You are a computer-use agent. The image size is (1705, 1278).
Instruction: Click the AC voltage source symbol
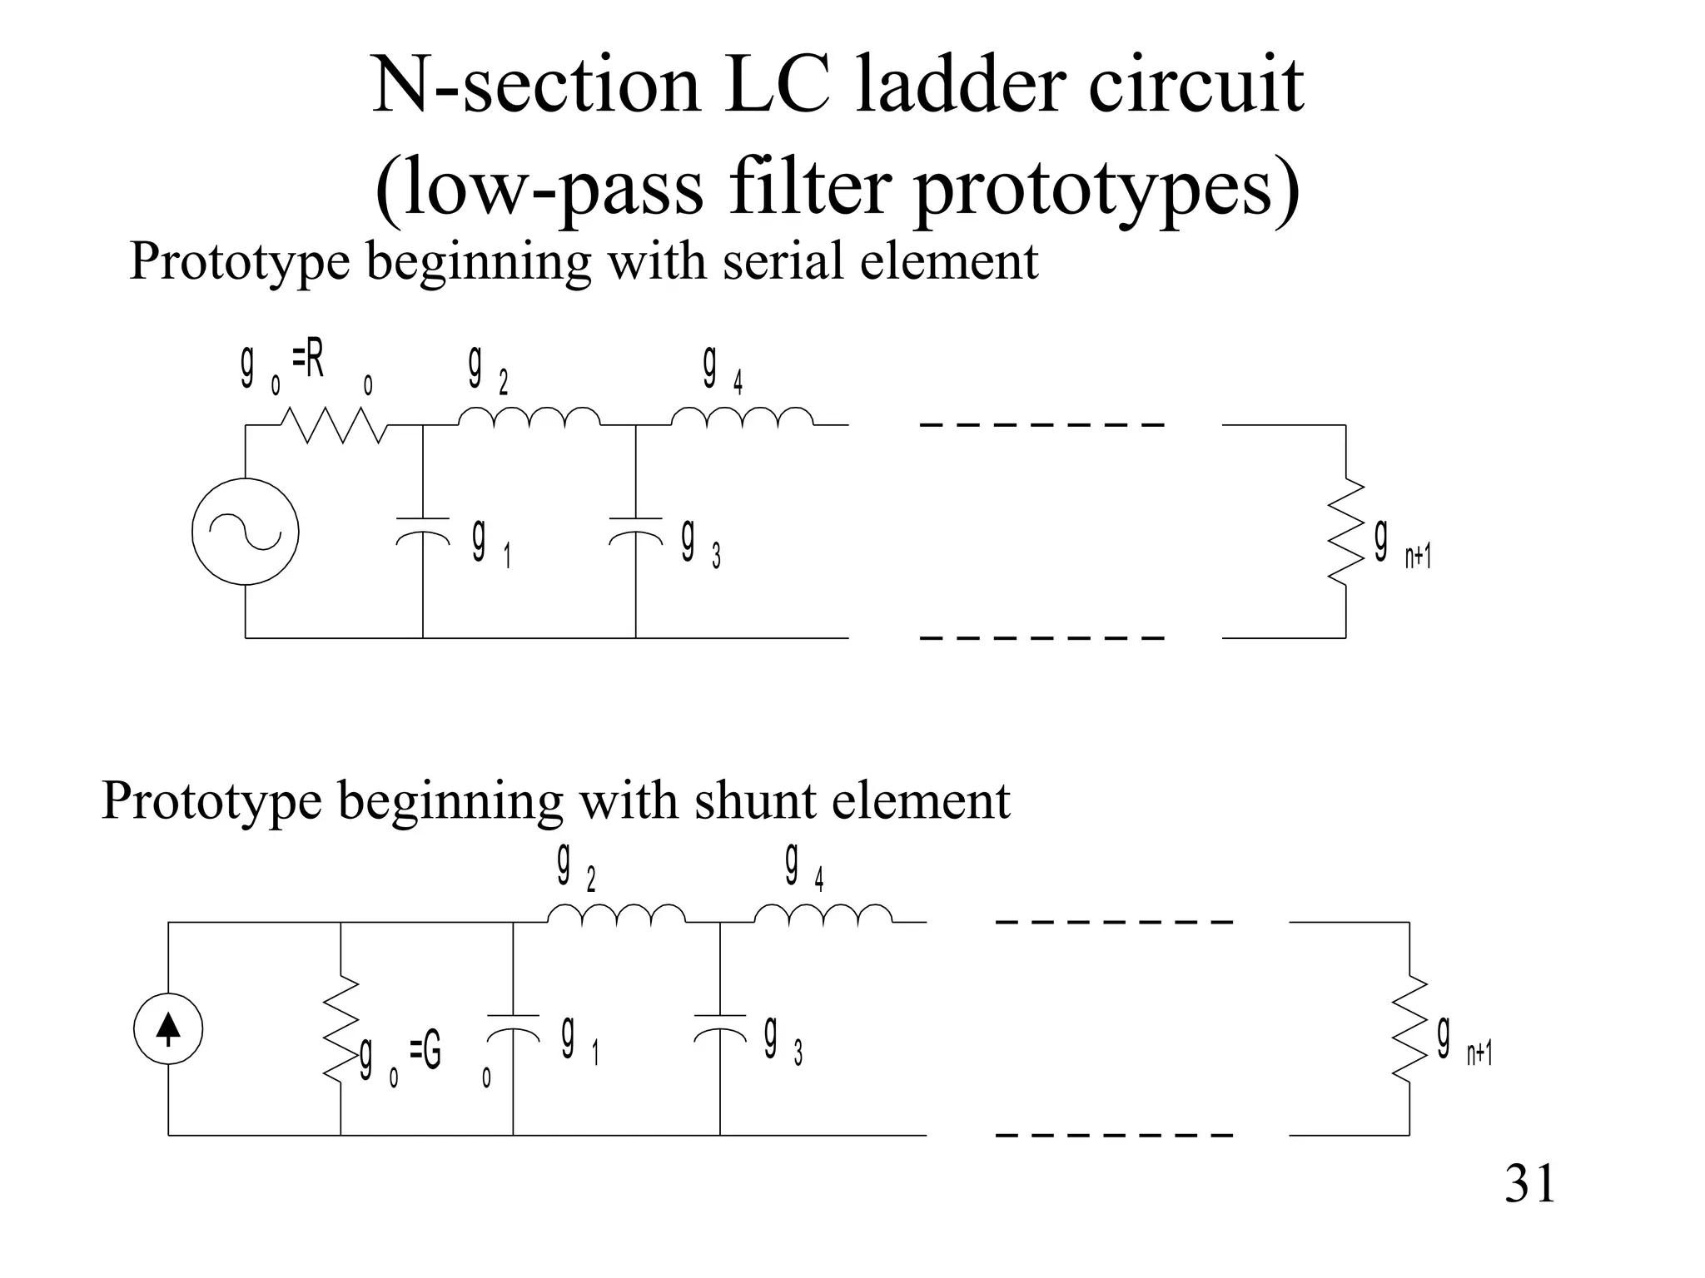[x=246, y=532]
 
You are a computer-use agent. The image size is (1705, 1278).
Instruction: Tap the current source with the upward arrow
[x=168, y=1029]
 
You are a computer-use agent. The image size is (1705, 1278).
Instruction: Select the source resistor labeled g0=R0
[x=333, y=425]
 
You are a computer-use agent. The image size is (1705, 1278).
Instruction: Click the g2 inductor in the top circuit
[x=529, y=418]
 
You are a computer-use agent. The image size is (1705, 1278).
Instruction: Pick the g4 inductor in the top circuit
[x=743, y=418]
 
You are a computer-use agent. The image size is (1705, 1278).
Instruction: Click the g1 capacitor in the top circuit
[x=423, y=529]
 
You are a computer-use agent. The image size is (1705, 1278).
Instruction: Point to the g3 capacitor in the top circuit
[x=636, y=529]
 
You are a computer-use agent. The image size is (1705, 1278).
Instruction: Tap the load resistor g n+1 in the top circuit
[x=1345, y=532]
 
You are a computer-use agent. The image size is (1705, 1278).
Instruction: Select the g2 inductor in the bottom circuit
[x=616, y=915]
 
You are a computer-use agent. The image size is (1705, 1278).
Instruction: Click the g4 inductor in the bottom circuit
[x=823, y=915]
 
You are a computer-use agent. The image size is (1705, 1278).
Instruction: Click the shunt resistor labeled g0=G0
[x=341, y=1029]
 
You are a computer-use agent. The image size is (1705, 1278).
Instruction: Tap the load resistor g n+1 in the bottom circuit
[x=1409, y=1029]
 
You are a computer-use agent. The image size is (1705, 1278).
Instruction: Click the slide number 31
[x=1529, y=1185]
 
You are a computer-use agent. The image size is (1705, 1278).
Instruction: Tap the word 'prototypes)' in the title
[x=1107, y=188]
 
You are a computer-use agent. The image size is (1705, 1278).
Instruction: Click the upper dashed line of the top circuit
[x=1041, y=425]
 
